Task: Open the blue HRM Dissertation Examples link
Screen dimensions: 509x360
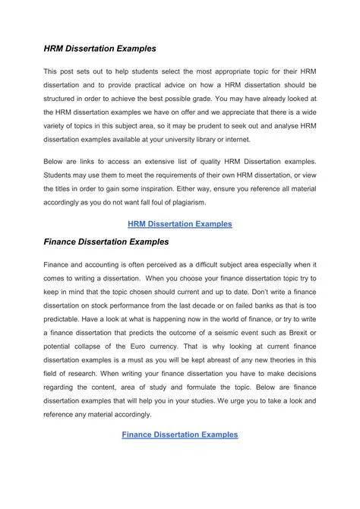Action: pyautogui.click(x=180, y=224)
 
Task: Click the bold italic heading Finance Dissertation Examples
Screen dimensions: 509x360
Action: pyautogui.click(x=106, y=242)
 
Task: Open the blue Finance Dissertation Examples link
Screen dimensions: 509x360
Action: pyautogui.click(x=180, y=435)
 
